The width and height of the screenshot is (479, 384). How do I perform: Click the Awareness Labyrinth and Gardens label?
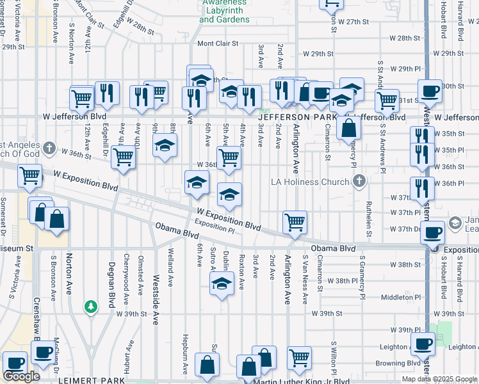pos(224,12)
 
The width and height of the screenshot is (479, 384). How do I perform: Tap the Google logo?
pos(21,376)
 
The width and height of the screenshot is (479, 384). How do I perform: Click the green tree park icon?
pos(92,307)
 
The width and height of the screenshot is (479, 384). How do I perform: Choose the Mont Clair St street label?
pos(217,44)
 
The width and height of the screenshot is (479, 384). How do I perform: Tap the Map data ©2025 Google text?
pos(439,379)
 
